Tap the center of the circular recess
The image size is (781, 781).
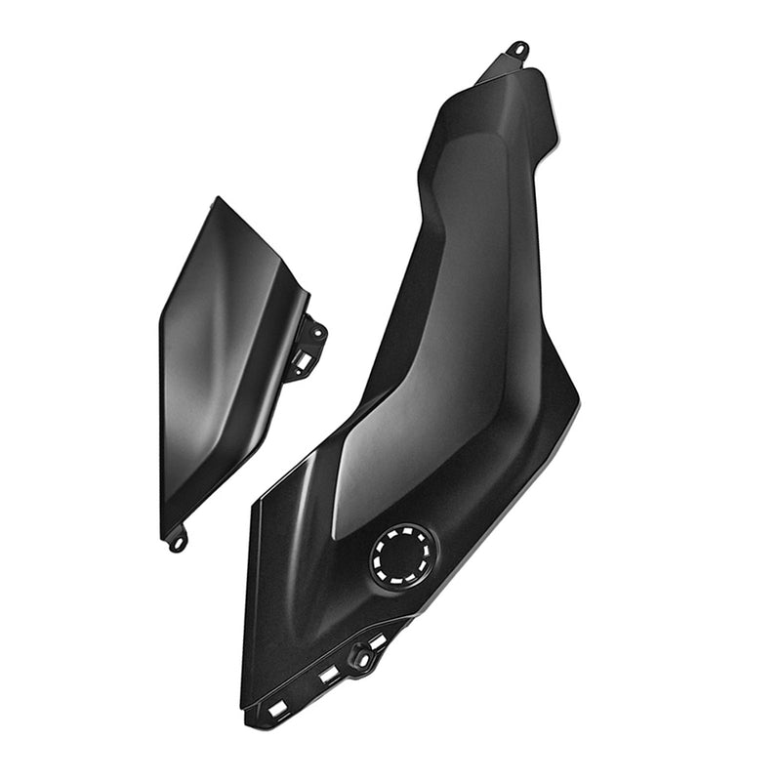click(x=402, y=555)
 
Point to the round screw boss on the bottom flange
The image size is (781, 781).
click(x=360, y=657)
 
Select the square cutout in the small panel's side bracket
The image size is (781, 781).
click(x=303, y=360)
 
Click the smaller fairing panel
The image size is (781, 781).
click(x=225, y=361)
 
